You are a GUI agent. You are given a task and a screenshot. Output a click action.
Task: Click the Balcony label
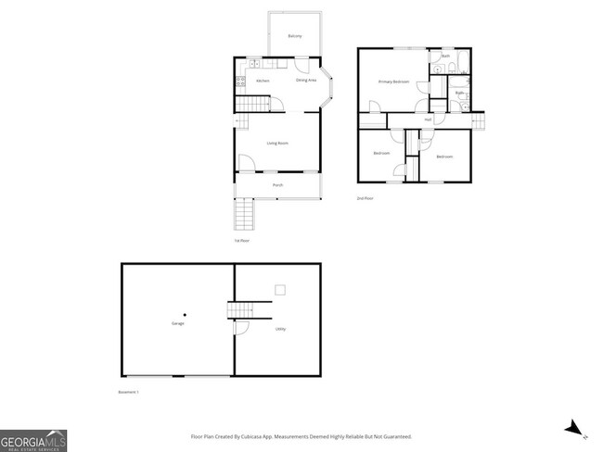coord(294,35)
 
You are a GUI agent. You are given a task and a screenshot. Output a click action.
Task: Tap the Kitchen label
coord(263,82)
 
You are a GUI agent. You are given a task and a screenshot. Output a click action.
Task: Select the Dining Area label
coord(306,81)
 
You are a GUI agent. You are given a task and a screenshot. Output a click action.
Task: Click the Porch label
coord(277,186)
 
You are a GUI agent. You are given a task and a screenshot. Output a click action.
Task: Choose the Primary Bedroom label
coord(393,82)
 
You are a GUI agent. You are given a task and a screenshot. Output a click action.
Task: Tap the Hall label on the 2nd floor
coord(429,119)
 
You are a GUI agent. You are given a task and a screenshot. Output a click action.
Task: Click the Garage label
coord(177,323)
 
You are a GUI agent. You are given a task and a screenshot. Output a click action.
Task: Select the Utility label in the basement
coord(280,329)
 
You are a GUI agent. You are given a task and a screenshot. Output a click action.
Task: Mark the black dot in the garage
coord(185,313)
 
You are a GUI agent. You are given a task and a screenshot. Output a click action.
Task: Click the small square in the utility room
coord(278,291)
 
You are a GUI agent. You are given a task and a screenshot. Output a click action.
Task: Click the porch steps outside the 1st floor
coord(243,216)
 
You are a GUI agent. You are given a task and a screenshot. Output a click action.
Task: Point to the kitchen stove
coord(240,82)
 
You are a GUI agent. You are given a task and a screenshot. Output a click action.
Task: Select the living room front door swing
coord(246,164)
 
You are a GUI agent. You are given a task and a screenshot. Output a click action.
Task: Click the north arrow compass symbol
coord(575,428)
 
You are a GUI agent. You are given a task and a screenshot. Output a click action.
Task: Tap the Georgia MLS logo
coord(33,440)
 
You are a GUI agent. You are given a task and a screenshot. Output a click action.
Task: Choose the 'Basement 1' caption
coord(129,393)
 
